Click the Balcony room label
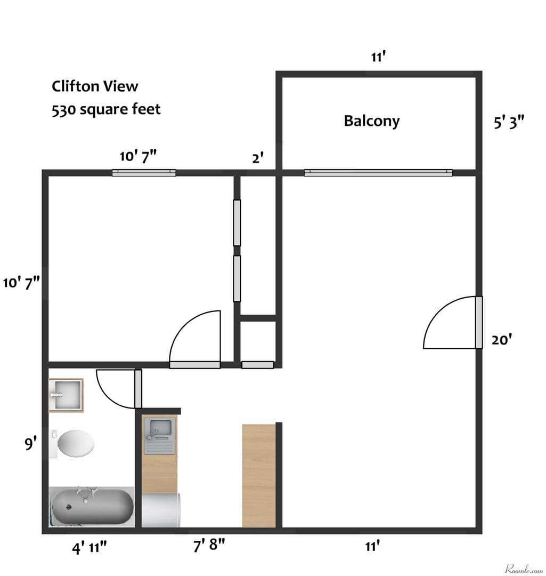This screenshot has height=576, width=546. point(371,121)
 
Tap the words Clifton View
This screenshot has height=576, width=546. point(95,86)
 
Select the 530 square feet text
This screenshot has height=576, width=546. point(106,109)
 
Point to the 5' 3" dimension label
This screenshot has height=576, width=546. point(509,123)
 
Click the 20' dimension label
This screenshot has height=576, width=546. point(502,340)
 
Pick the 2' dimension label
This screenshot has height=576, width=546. point(258,158)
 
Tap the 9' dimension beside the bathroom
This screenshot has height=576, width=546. point(31,443)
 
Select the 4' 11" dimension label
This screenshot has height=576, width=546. point(90,547)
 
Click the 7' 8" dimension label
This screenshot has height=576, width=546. point(209,546)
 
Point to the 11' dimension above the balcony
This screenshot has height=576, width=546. point(378,57)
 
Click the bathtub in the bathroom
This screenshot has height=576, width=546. point(91,506)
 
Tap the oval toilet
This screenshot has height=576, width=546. point(76,443)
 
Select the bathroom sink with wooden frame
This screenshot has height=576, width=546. point(66,395)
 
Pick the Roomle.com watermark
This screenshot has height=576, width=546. point(524,569)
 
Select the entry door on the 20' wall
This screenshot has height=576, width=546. point(478,322)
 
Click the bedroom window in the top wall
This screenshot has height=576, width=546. point(144,172)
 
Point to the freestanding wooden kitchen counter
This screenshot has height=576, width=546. point(259,475)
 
